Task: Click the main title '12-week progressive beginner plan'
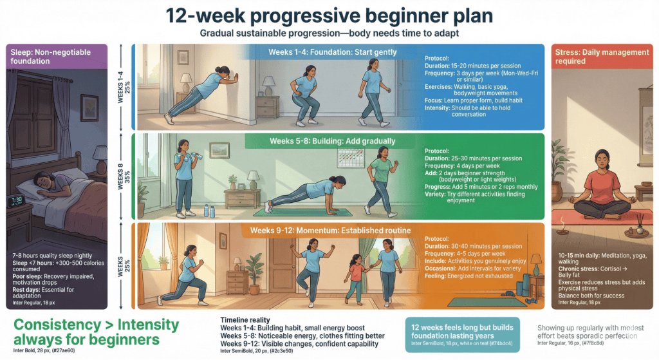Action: point(329,16)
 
